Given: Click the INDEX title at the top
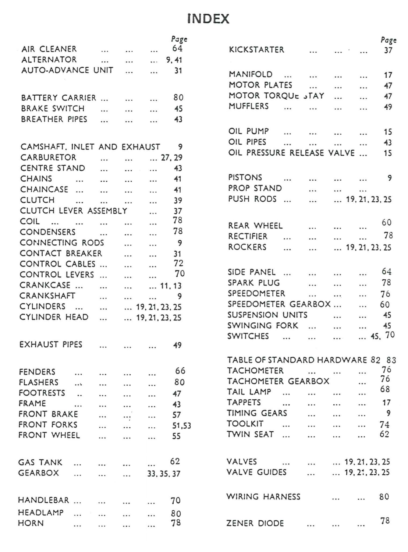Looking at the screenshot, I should point(208,19).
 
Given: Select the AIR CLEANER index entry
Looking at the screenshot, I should point(49,49).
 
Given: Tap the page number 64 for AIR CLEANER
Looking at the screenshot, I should point(177,48).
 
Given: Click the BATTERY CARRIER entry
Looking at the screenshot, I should point(58,98).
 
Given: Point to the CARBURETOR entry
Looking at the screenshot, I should point(48,158).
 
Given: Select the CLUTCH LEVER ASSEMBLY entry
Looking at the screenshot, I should point(73,211).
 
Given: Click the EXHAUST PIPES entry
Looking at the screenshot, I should point(51,345).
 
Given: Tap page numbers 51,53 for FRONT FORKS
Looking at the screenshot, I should point(179,426).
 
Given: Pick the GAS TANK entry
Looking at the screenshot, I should point(40,463).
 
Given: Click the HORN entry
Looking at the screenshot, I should point(31,523).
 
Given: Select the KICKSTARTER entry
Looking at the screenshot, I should point(256,50).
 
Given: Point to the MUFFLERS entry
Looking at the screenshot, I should point(249,106).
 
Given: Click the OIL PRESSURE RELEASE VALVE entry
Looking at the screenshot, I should point(291,153).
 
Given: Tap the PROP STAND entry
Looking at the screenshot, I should point(255,188).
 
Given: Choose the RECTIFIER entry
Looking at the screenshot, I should point(248,236).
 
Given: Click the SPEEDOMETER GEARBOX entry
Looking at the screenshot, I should point(279,304).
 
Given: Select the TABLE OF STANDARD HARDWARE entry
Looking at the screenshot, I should point(297,360).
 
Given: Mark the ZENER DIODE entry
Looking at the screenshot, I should point(255,523).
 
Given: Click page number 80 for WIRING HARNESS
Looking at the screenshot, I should point(384,497).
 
